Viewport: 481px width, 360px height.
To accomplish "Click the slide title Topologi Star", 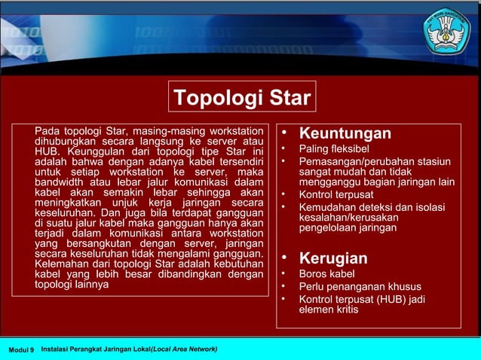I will [241, 99].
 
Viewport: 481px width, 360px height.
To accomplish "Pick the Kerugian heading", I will [332, 258].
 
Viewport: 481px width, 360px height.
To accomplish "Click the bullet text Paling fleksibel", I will [333, 148].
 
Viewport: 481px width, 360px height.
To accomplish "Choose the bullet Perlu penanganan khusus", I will [360, 287].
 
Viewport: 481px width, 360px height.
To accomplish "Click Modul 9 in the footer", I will [21, 350].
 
